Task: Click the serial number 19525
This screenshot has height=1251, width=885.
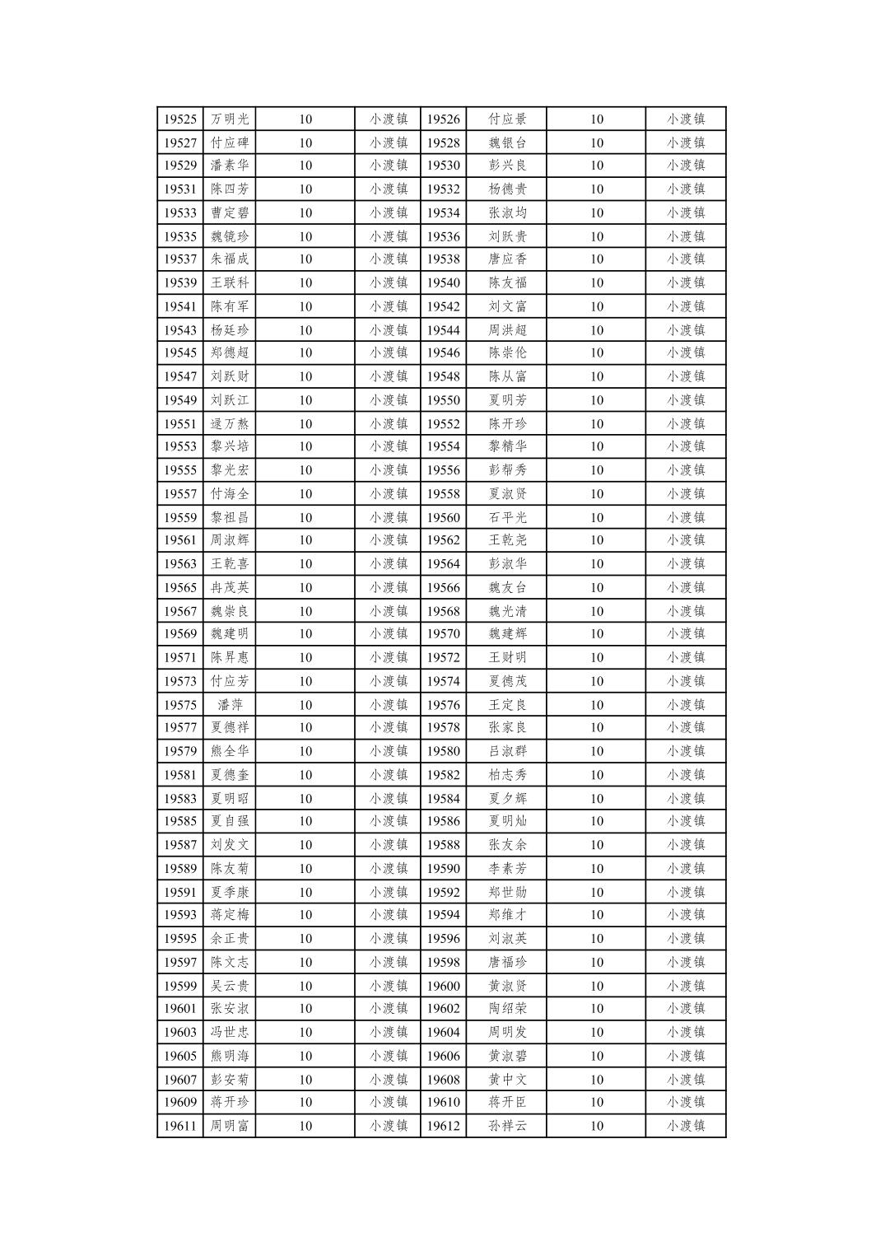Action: (179, 119)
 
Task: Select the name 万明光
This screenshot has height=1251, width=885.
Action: (230, 119)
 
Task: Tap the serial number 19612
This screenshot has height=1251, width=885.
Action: (443, 1126)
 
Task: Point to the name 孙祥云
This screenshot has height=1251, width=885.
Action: (507, 1126)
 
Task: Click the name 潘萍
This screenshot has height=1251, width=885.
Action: (230, 705)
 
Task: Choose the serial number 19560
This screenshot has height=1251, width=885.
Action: (443, 517)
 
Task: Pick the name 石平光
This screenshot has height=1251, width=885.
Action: (507, 517)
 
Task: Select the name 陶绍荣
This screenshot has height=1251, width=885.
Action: (507, 1008)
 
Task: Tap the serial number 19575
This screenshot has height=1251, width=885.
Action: (179, 705)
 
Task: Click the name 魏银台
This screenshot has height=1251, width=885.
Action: (507, 142)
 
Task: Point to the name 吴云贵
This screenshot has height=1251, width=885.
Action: (230, 986)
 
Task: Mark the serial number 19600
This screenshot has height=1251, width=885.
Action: (443, 986)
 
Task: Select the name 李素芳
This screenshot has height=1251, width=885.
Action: (507, 868)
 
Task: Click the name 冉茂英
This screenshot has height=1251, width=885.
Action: (230, 587)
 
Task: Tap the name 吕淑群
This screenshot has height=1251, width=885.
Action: (507, 751)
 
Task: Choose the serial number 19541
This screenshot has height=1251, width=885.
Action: (179, 306)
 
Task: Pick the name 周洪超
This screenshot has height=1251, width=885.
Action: (507, 330)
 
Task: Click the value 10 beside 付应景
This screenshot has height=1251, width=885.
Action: (596, 119)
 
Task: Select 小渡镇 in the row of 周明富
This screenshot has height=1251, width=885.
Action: (389, 1126)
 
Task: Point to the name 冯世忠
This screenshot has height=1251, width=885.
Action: (230, 1032)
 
